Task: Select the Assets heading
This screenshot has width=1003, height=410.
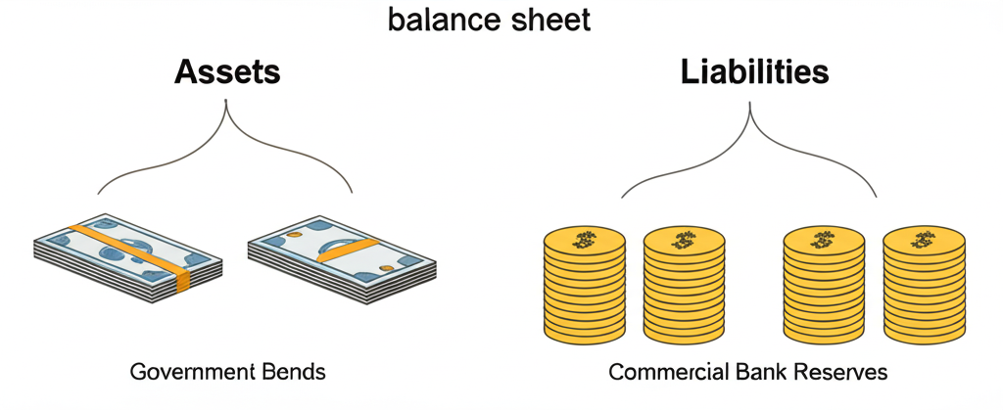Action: (x=227, y=72)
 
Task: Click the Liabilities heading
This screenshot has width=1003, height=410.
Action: (x=751, y=72)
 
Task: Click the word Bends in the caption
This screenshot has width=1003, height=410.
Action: (x=291, y=373)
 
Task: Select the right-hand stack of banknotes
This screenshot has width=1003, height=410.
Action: (x=341, y=251)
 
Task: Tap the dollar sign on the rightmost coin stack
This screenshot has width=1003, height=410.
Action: (x=923, y=239)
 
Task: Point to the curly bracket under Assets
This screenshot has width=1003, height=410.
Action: (x=226, y=147)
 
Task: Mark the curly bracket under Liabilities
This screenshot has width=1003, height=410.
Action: (x=750, y=147)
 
